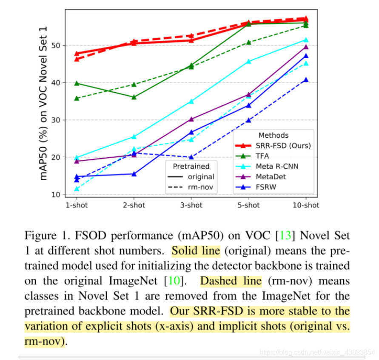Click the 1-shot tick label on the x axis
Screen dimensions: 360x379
(x=77, y=205)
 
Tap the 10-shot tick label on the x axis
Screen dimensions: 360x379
(x=305, y=205)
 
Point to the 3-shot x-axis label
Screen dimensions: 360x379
(x=191, y=205)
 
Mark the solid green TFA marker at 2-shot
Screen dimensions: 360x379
(x=134, y=97)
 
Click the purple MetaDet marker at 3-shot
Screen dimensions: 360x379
(x=191, y=119)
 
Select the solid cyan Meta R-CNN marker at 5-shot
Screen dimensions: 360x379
(x=248, y=61)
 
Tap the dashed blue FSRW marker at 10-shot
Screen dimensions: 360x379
(x=305, y=79)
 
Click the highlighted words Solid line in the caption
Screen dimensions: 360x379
(x=196, y=251)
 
